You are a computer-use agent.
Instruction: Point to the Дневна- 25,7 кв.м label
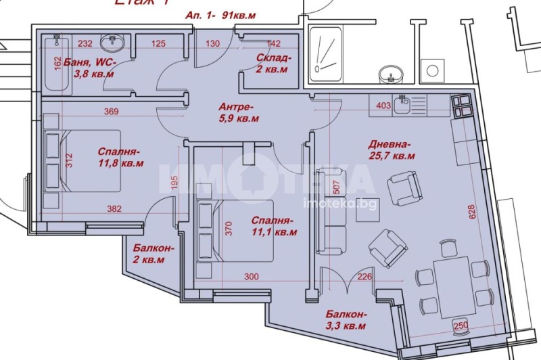pos(392,150)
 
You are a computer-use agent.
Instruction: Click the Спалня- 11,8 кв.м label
pos(120,157)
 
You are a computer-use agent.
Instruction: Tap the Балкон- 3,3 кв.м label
pos(346,320)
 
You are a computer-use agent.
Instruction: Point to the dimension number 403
pos(383,105)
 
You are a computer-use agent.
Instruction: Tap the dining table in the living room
pos(452,285)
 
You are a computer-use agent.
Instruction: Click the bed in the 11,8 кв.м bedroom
pos(81,161)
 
